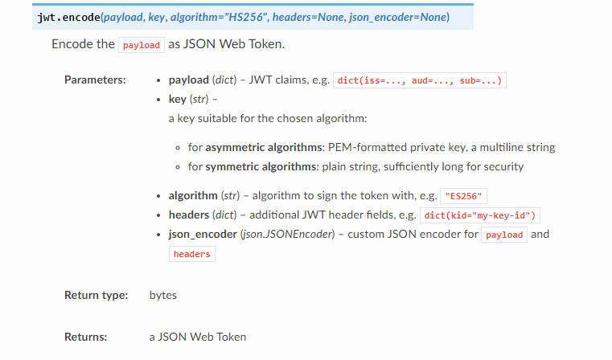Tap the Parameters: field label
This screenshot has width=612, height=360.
click(95, 80)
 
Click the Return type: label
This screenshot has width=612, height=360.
click(96, 295)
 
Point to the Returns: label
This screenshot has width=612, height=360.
click(86, 337)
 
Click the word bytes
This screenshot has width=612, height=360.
click(162, 295)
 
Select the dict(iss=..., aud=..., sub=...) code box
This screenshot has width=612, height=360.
click(419, 81)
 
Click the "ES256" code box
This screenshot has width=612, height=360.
click(465, 196)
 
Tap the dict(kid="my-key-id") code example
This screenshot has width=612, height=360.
click(481, 215)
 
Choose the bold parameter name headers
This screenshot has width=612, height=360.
click(188, 215)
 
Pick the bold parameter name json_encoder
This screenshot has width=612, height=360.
click(202, 234)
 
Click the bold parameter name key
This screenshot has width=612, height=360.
click(177, 99)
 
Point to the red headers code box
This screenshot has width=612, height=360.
click(192, 254)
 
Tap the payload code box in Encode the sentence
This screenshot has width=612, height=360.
click(142, 45)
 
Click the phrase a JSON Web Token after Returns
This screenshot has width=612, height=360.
click(198, 337)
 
